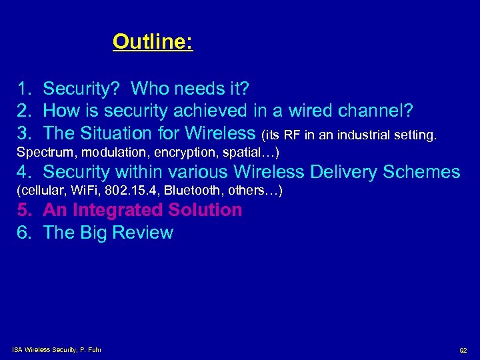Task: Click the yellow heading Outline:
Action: [153, 42]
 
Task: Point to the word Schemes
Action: [422, 172]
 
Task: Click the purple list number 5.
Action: [24, 210]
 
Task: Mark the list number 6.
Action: [24, 233]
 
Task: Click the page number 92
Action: [463, 350]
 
